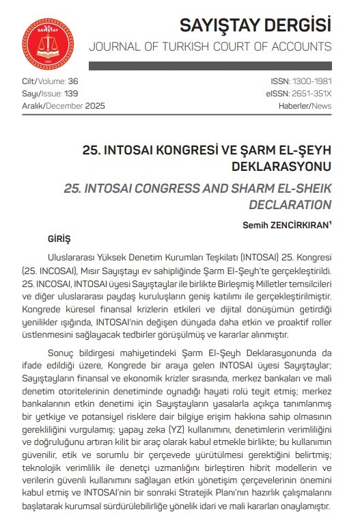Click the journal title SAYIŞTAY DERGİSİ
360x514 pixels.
(x=255, y=25)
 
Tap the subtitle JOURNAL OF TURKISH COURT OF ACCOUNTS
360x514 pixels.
(x=210, y=47)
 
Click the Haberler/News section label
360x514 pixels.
(x=305, y=105)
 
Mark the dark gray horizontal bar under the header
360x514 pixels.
(x=210, y=66)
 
